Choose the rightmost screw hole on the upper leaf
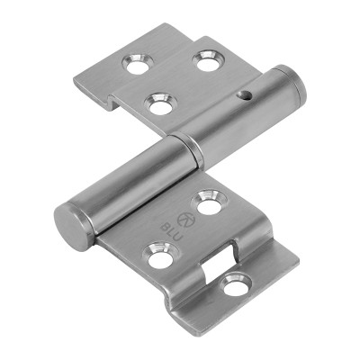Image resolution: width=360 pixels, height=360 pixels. [x=208, y=60]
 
